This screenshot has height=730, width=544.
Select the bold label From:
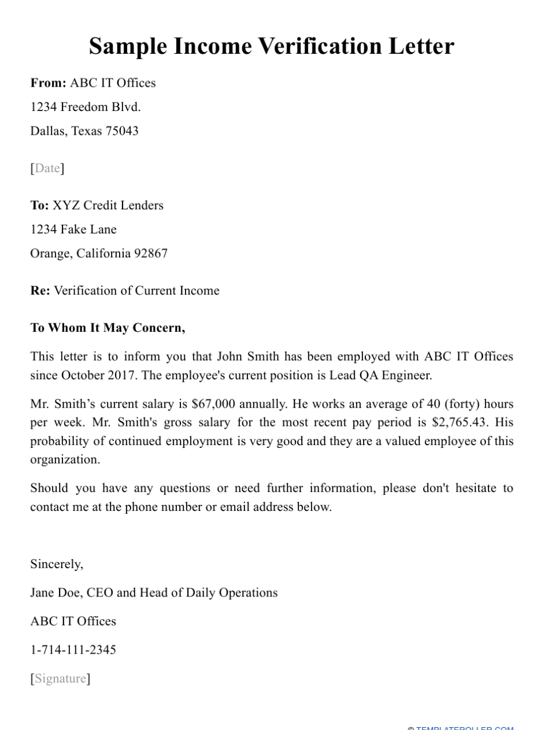(49, 83)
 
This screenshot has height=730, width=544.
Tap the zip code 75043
(121, 131)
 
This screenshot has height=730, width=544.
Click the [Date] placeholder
(47, 168)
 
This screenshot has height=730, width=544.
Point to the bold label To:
(39, 205)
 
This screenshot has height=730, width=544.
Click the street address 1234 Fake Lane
(73, 229)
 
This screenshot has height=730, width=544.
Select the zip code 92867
(150, 253)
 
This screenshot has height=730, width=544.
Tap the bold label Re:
(40, 290)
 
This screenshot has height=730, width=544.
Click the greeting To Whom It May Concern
(108, 328)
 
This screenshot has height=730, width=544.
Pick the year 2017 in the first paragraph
(122, 375)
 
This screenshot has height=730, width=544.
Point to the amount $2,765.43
(459, 422)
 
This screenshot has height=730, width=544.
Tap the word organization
(65, 460)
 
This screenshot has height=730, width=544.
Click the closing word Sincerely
(57, 564)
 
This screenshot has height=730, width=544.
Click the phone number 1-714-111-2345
(73, 650)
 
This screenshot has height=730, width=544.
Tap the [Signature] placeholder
(61, 678)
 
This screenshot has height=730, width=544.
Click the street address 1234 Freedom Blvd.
(86, 107)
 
